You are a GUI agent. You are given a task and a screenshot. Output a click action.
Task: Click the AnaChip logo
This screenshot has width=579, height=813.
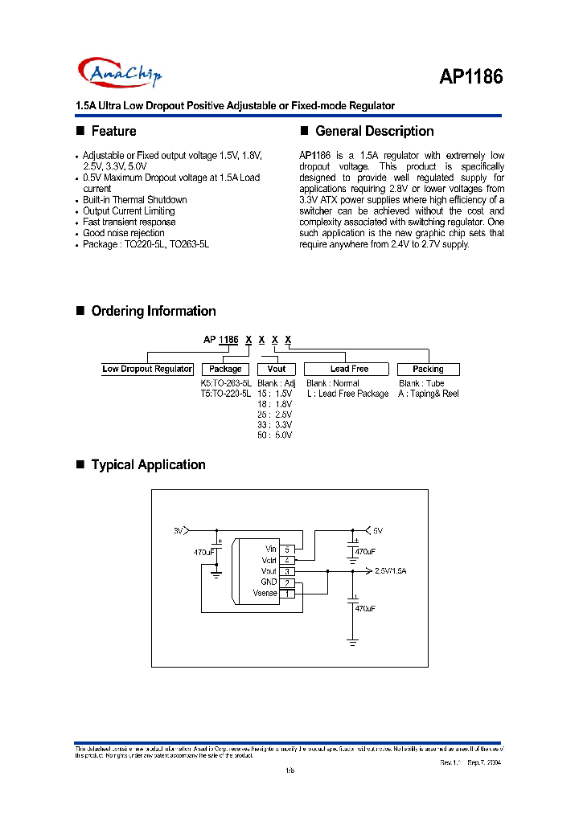120,74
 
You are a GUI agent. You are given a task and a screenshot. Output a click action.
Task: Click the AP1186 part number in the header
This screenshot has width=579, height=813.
470,76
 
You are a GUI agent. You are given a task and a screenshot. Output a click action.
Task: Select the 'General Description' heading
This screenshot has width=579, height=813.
374,131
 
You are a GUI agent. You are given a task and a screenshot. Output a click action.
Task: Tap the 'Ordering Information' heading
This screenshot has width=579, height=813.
153,311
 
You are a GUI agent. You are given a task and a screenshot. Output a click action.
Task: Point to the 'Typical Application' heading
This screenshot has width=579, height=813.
148,464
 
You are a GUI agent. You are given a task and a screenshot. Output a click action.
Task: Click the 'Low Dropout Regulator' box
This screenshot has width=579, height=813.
147,369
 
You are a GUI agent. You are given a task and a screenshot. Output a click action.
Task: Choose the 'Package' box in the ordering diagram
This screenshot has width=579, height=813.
225,369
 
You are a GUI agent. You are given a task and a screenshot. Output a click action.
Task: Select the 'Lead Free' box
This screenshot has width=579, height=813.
349,369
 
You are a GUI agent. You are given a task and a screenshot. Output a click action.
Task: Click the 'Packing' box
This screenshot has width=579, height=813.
428,369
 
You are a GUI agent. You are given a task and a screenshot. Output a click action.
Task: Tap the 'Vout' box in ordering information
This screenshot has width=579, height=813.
276,369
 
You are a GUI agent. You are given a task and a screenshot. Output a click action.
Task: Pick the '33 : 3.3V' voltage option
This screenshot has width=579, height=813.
274,424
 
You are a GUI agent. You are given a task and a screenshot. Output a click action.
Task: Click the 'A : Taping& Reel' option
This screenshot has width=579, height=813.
428,394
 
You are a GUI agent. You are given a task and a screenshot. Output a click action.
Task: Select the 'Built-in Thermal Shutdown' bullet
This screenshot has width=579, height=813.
134,199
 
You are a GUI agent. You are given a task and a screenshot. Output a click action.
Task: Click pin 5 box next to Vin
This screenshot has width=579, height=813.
287,548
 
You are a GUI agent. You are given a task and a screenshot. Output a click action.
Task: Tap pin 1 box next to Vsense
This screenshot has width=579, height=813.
287,593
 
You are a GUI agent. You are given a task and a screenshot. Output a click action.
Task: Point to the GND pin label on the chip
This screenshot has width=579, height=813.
269,582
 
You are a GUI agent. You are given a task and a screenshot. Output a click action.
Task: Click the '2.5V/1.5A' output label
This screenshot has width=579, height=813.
391,570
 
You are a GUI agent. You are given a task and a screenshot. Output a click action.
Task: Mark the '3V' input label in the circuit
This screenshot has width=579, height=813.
179,531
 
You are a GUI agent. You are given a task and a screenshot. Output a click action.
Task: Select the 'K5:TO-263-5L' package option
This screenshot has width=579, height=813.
226,383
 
